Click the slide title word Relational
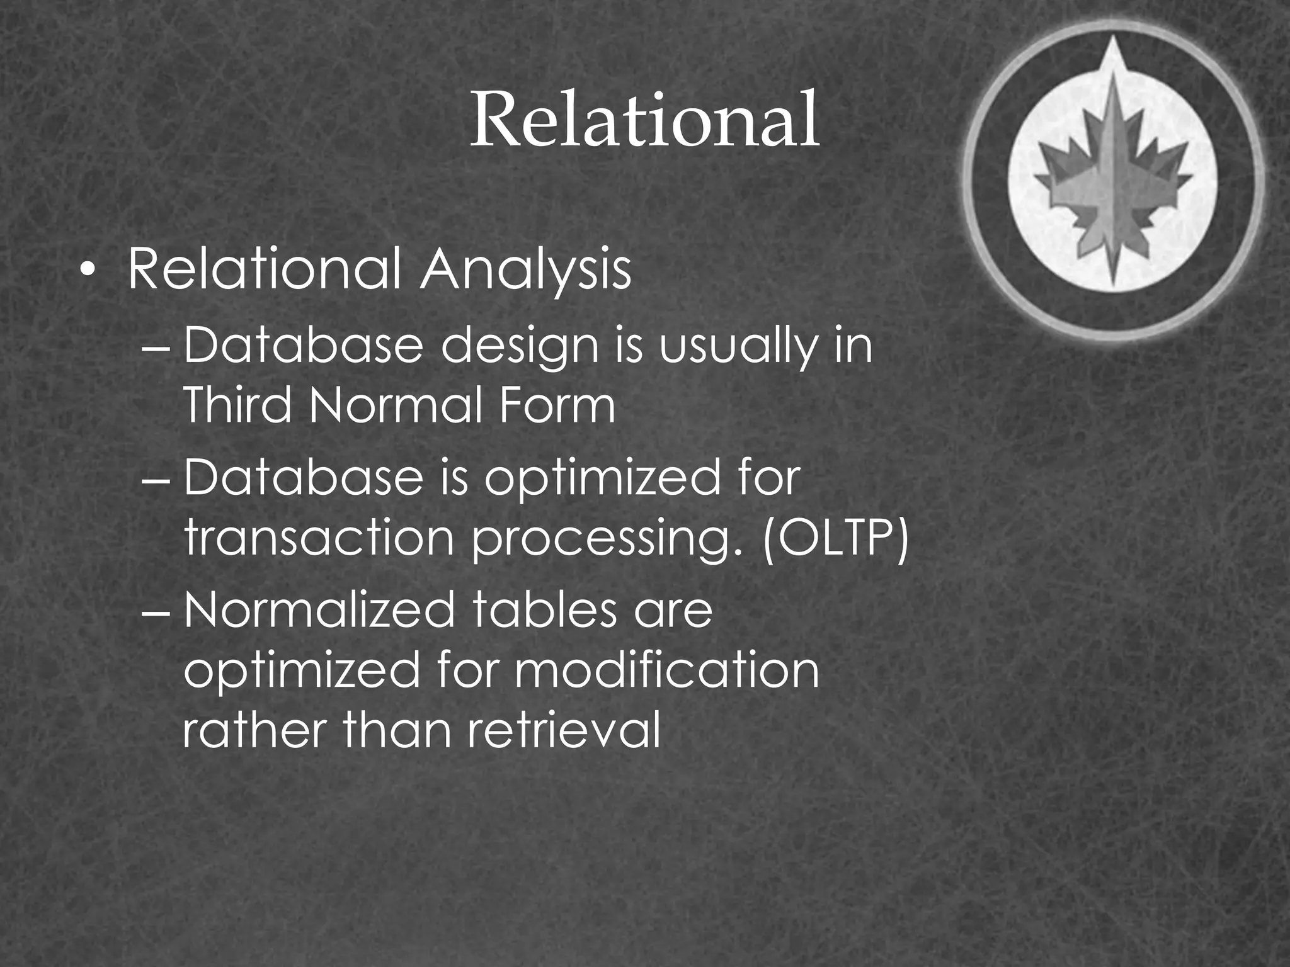click(x=644, y=120)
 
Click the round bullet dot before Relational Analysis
click(x=89, y=272)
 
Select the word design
click(x=520, y=348)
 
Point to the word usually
click(x=738, y=348)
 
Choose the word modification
click(x=667, y=670)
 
